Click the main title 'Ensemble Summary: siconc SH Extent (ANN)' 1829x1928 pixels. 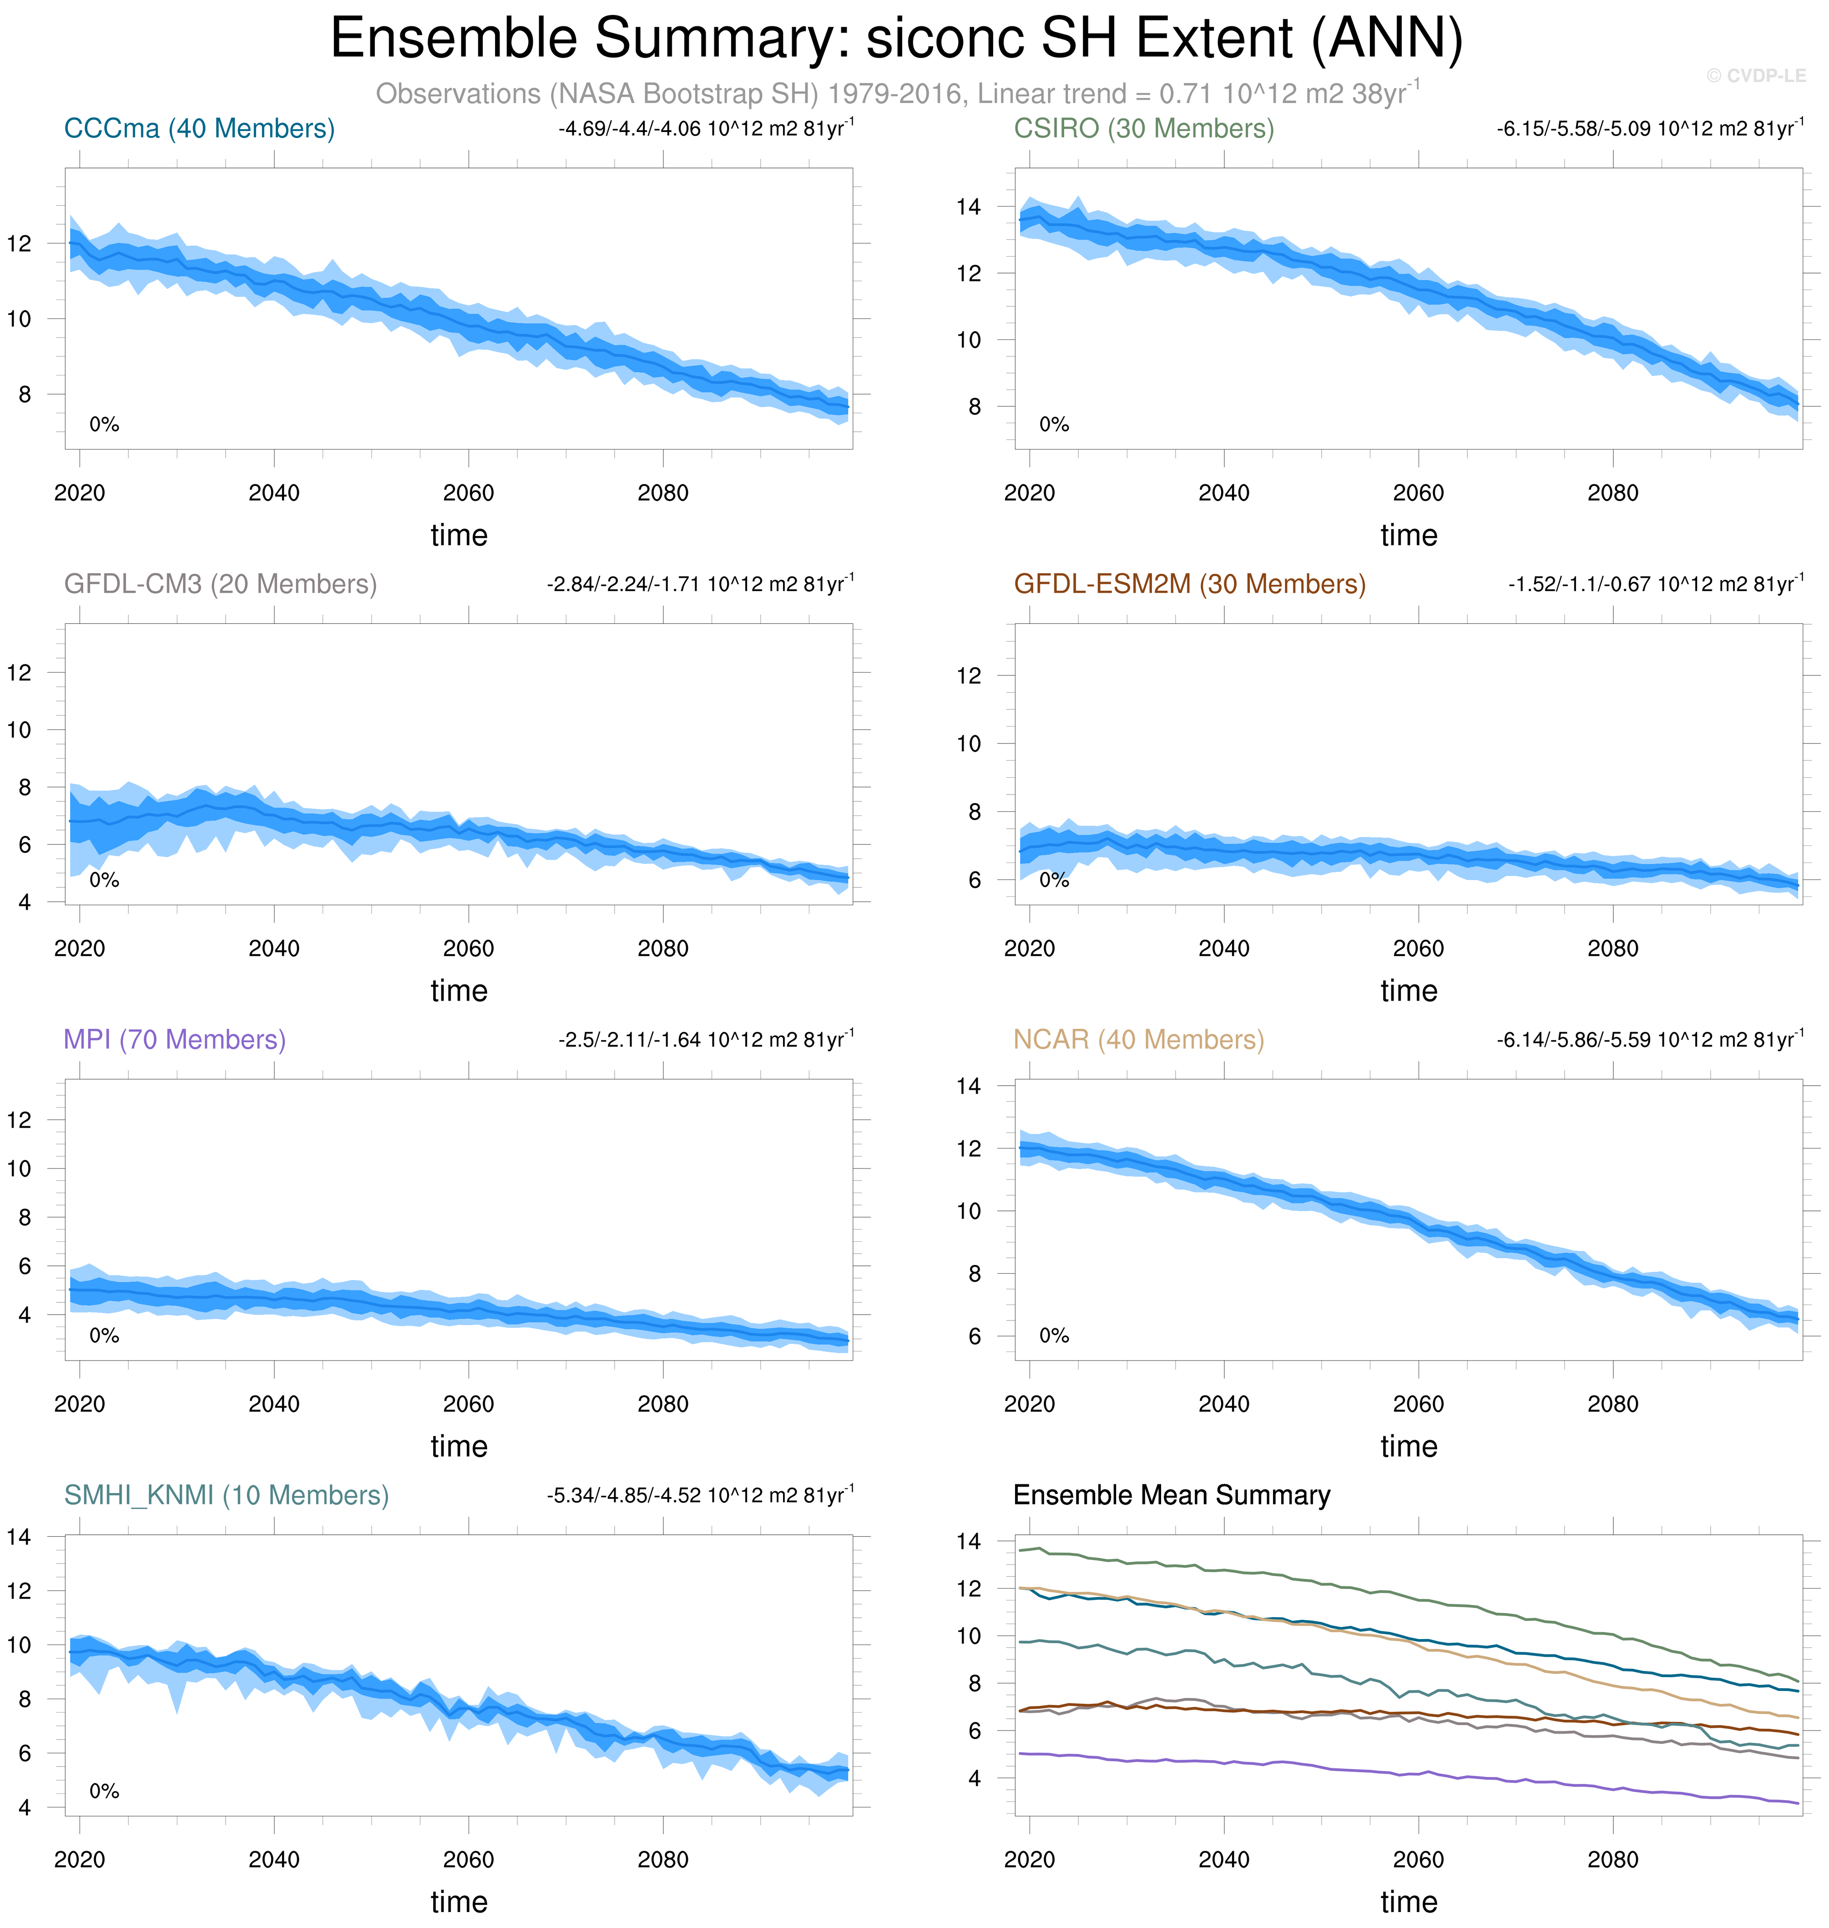coord(896,39)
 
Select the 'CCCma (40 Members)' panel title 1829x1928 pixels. coord(199,129)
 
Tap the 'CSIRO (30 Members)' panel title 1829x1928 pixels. coord(1144,129)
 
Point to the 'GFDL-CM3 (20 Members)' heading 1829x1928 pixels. coord(220,584)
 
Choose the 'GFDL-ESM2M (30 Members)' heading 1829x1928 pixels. coord(1189,584)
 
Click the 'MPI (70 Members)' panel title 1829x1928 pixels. coord(175,1040)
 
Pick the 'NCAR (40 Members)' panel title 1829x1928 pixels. coord(1138,1040)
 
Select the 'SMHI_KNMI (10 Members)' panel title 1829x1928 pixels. coord(226,1495)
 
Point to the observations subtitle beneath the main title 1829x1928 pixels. coord(897,94)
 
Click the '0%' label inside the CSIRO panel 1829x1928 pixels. coord(1054,424)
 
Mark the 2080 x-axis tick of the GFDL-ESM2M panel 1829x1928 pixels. coord(1612,948)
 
